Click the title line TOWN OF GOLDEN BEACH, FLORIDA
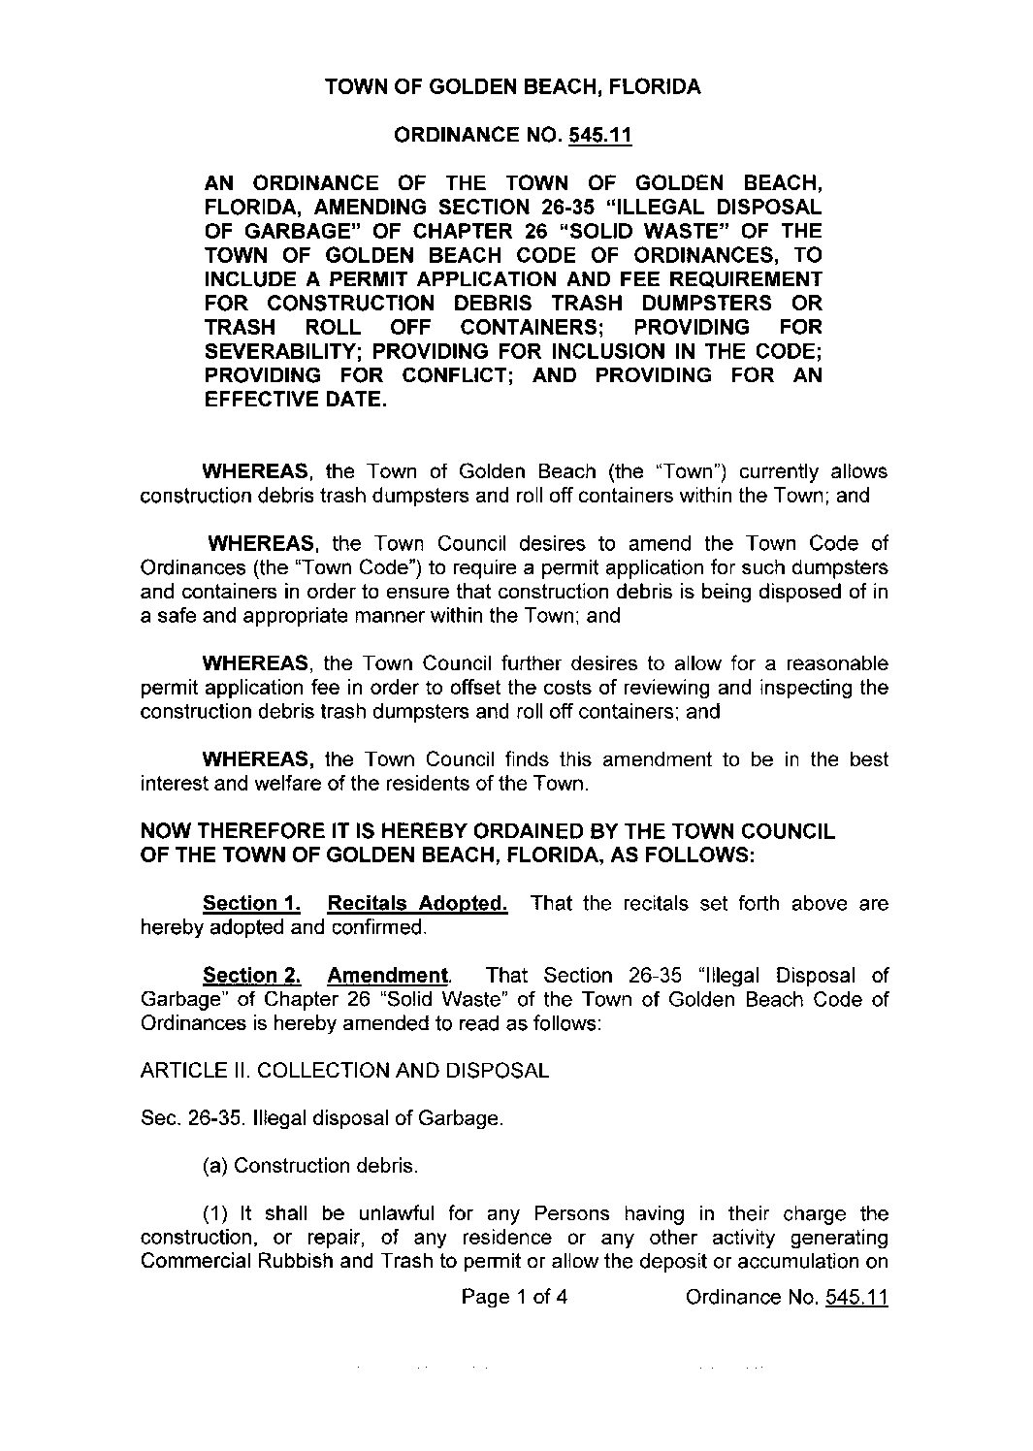pyautogui.click(x=512, y=87)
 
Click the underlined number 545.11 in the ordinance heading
pyautogui.click(x=600, y=136)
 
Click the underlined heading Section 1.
pyautogui.click(x=251, y=904)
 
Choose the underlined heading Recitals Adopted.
pyautogui.click(x=417, y=904)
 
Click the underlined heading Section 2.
pyautogui.click(x=251, y=976)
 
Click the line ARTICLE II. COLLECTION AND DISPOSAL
pyautogui.click(x=344, y=1071)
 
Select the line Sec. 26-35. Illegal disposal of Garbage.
pyautogui.click(x=322, y=1118)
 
